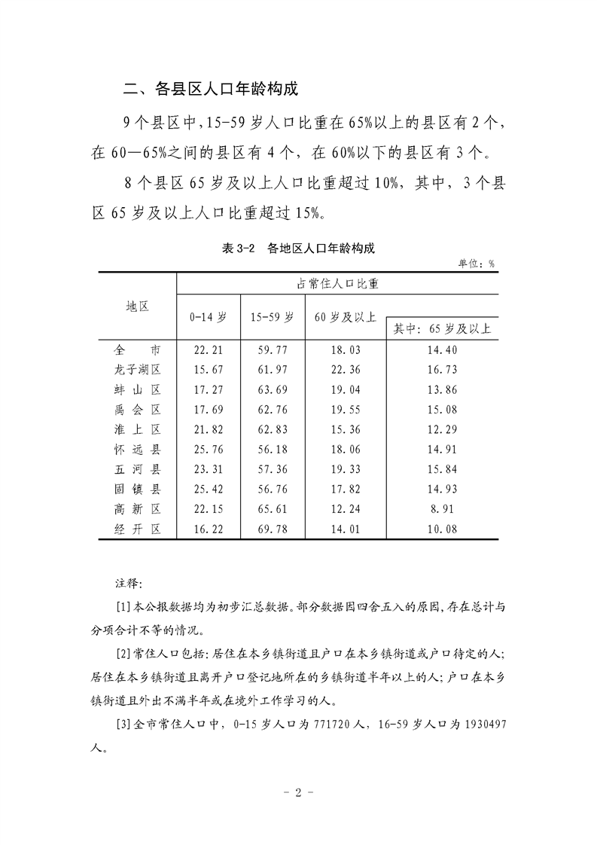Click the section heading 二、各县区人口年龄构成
pyautogui.click(x=210, y=89)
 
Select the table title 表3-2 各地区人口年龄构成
pyautogui.click(x=298, y=249)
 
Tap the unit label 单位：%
pyautogui.click(x=476, y=263)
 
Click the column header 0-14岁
pyautogui.click(x=208, y=317)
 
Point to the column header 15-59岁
pyautogui.click(x=272, y=317)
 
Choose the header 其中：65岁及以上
pyautogui.click(x=442, y=328)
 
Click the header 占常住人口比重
pyautogui.click(x=337, y=284)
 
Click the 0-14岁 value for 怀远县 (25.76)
pyautogui.click(x=207, y=450)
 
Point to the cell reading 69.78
pyautogui.click(x=272, y=529)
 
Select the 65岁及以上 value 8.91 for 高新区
pyautogui.click(x=442, y=510)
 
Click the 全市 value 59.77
pyautogui.click(x=272, y=350)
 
